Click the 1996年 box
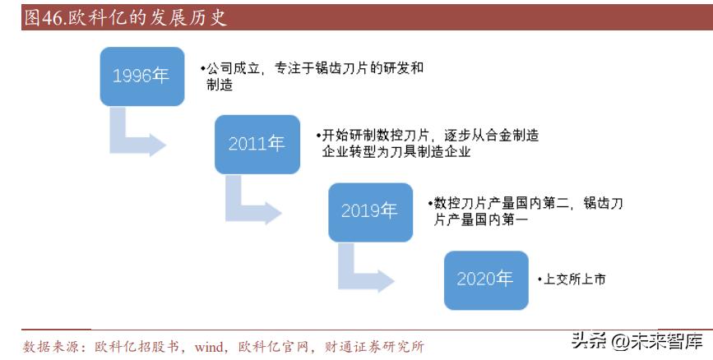point(141,76)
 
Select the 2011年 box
point(257,144)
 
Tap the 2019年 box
point(369,211)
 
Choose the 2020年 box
point(485,279)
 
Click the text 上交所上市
point(574,279)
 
